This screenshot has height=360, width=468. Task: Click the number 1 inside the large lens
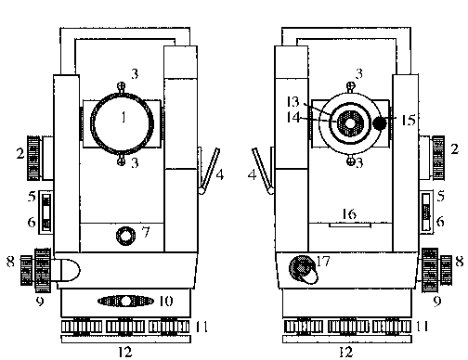(x=123, y=118)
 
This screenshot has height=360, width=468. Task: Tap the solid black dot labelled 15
(x=380, y=123)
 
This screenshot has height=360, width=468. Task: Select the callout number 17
(x=324, y=262)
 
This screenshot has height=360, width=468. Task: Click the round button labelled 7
(x=125, y=236)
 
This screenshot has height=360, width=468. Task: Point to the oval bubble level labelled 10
(x=125, y=301)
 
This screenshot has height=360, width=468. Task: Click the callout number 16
(x=349, y=214)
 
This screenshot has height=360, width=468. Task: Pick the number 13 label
(x=293, y=102)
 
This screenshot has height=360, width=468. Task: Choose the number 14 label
(x=293, y=118)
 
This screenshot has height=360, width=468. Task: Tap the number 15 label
(x=409, y=121)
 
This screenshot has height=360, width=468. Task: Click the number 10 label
(x=166, y=301)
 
